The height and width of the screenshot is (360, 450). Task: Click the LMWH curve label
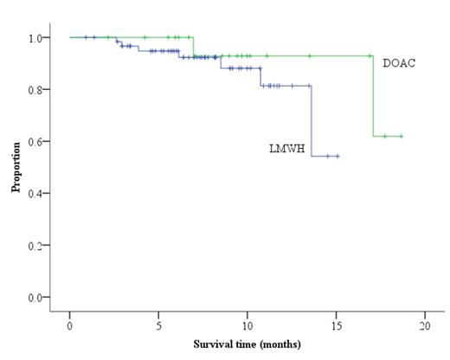pyautogui.click(x=284, y=149)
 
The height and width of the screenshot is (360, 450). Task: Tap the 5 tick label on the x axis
pyautogui.click(x=158, y=325)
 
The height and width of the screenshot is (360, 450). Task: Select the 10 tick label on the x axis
pyautogui.click(x=247, y=325)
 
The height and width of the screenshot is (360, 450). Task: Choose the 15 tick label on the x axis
pyautogui.click(x=336, y=325)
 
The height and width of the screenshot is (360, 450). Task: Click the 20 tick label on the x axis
pyautogui.click(x=424, y=325)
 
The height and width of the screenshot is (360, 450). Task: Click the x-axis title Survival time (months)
pyautogui.click(x=247, y=344)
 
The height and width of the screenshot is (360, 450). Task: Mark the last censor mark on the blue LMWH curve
pyautogui.click(x=337, y=156)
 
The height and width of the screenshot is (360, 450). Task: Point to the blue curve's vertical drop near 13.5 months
pyautogui.click(x=312, y=121)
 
